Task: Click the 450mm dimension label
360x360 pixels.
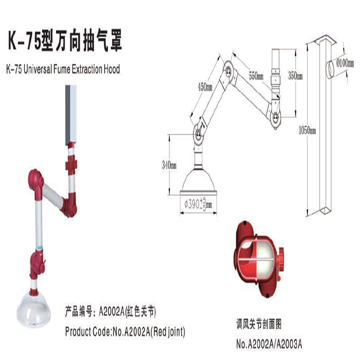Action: pyautogui.click(x=205, y=87)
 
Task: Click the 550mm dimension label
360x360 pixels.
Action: pyautogui.click(x=256, y=75)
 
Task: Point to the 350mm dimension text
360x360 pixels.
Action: pyautogui.click(x=295, y=75)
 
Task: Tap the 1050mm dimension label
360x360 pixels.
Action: pyautogui.click(x=307, y=131)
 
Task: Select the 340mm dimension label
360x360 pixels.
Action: pyautogui.click(x=169, y=165)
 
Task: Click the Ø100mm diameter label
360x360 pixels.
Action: pyautogui.click(x=345, y=63)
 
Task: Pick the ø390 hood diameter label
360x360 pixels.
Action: pyautogui.click(x=198, y=204)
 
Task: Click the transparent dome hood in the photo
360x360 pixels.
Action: pyautogui.click(x=34, y=310)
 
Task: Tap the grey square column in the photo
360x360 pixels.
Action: pyautogui.click(x=71, y=115)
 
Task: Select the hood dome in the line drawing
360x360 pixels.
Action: pyautogui.click(x=198, y=181)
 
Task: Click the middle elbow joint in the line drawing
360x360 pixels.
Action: pyautogui.click(x=228, y=71)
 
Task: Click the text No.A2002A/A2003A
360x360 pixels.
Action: pyautogui.click(x=269, y=344)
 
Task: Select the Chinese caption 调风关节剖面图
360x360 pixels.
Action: pyautogui.click(x=259, y=324)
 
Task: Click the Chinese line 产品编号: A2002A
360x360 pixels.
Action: pyautogui.click(x=110, y=312)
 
